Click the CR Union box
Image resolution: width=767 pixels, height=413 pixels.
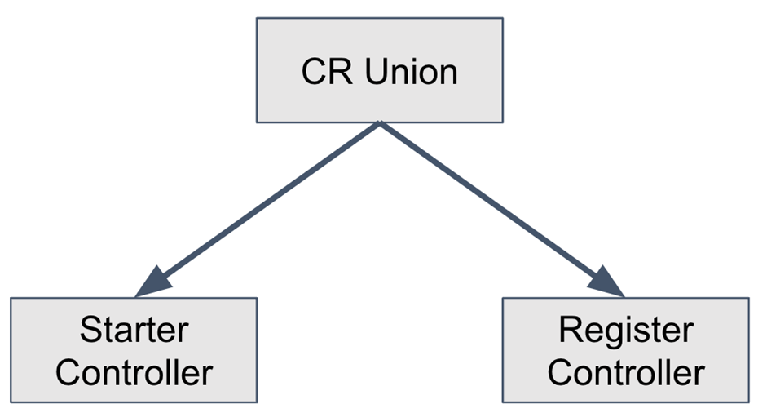tap(380, 70)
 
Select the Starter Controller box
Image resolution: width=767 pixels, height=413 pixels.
tap(134, 350)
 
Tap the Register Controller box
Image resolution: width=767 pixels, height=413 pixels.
tap(626, 350)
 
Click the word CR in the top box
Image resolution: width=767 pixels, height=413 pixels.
tap(326, 72)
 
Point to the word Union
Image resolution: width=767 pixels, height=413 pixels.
tap(411, 72)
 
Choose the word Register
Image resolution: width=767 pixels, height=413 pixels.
tap(626, 331)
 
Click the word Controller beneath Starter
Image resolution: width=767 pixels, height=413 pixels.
tap(134, 372)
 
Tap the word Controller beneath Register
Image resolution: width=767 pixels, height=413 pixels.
tap(626, 372)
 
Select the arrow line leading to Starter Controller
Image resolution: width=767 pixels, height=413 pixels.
tap(258, 209)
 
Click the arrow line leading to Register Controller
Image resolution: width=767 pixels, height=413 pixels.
tap(502, 209)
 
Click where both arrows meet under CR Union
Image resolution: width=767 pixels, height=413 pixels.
tap(380, 122)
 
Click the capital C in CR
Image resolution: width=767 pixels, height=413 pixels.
tap(314, 72)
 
